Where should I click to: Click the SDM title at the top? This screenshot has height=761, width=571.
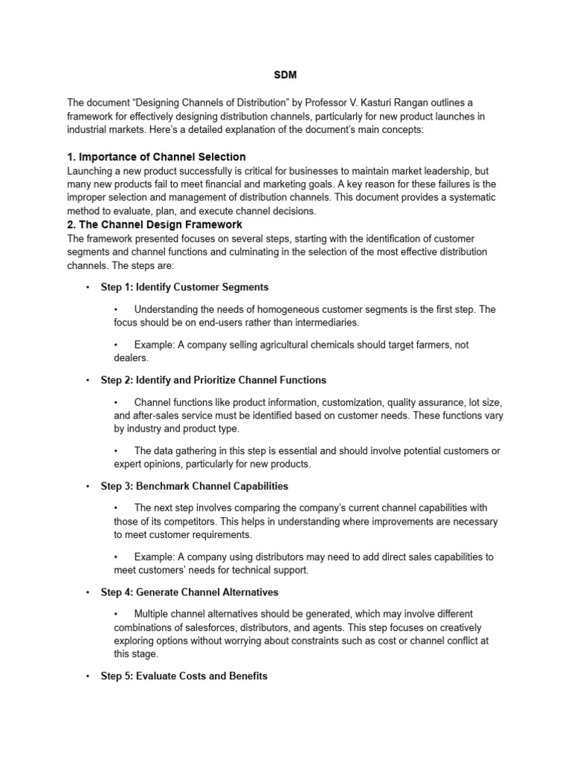(285, 75)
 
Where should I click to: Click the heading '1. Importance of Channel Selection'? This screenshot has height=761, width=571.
(156, 157)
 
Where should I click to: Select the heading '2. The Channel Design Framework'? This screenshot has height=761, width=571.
(155, 224)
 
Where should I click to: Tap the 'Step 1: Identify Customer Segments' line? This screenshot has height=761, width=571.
(184, 287)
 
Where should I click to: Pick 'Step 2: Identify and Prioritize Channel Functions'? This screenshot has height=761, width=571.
(213, 380)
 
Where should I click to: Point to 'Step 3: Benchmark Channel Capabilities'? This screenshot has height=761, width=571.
(194, 486)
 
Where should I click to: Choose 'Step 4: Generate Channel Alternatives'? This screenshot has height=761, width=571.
(190, 592)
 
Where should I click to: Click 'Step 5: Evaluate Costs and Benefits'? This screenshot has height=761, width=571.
(184, 676)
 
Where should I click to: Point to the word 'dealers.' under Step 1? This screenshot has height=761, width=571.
(132, 357)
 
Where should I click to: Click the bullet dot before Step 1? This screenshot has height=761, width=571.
(88, 287)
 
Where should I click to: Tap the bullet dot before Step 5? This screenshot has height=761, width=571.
(88, 676)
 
